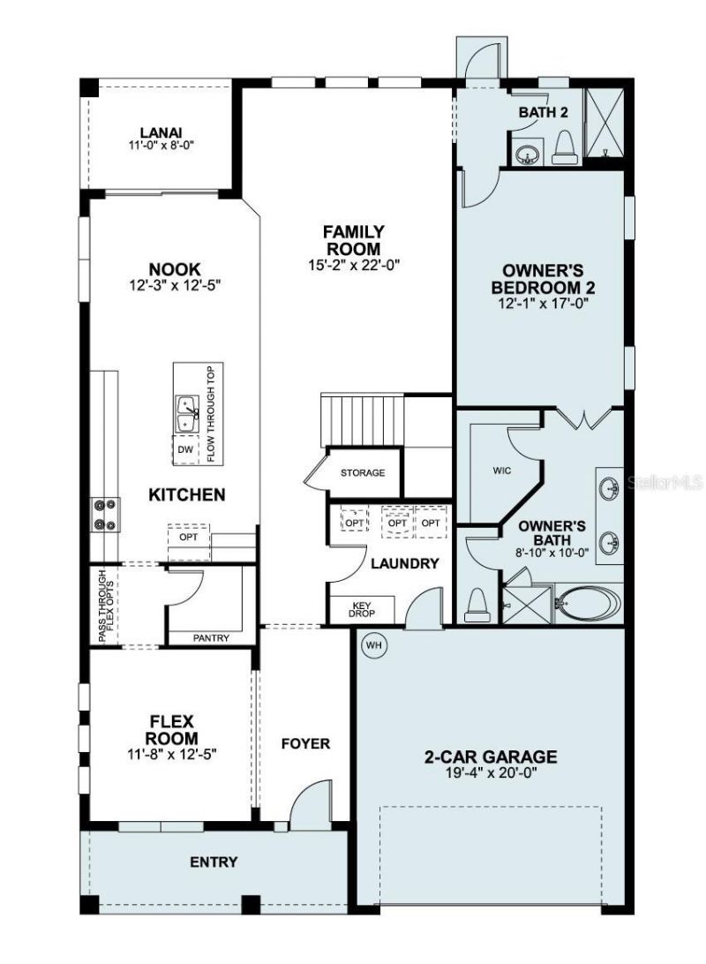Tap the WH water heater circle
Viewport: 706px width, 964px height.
tap(374, 645)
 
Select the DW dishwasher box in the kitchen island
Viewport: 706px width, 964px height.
tap(185, 449)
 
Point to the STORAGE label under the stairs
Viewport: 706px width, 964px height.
tap(363, 473)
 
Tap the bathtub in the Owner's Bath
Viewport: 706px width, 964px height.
tap(587, 604)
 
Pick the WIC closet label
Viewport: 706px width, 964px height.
tap(501, 471)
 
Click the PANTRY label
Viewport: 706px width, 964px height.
tap(211, 637)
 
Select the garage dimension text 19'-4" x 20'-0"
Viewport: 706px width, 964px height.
tap(490, 772)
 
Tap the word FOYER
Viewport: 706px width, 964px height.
tap(305, 743)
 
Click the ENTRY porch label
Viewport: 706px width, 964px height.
tap(214, 862)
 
